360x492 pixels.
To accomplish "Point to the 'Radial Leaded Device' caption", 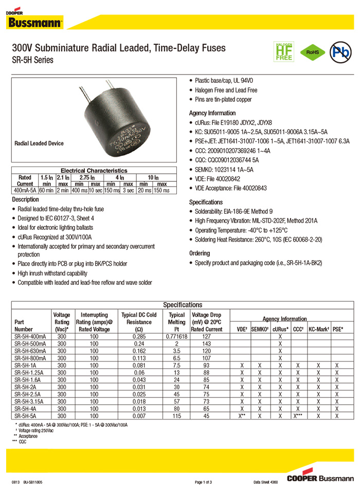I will coord(39,143).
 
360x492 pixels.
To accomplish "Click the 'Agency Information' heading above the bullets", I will coord(212,113).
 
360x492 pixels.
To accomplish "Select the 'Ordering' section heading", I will coord(200,253).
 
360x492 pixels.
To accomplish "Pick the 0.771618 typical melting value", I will coord(176,336).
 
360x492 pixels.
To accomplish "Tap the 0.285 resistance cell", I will coord(139,336).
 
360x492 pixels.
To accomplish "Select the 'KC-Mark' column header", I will coord(319,329).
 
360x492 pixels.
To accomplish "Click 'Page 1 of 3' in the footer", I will coord(206,482).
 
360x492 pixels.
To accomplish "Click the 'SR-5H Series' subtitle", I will coord(32,60).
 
